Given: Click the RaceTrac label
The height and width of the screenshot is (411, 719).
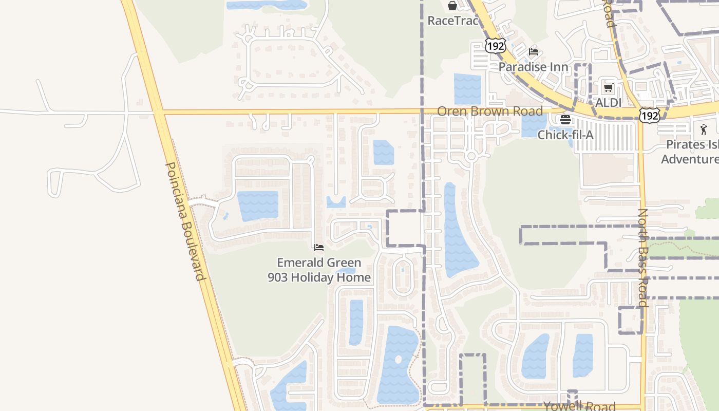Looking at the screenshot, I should pyautogui.click(x=453, y=21).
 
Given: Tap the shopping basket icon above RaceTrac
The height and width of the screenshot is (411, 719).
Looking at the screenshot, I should pyautogui.click(x=452, y=6).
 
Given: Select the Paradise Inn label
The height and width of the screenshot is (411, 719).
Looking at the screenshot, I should pyautogui.click(x=534, y=67).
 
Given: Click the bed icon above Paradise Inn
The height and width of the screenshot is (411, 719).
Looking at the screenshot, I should pyautogui.click(x=534, y=52).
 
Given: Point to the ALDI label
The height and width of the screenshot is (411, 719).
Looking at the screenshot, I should pyautogui.click(x=608, y=102).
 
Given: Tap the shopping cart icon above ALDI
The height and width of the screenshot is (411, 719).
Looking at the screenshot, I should pyautogui.click(x=608, y=87).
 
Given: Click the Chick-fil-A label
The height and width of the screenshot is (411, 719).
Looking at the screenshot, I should pyautogui.click(x=565, y=135).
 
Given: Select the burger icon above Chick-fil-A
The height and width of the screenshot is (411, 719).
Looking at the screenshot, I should pyautogui.click(x=565, y=120).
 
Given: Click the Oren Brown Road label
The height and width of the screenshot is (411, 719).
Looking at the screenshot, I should pyautogui.click(x=489, y=111).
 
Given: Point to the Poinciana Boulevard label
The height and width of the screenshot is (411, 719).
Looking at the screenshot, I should pyautogui.click(x=185, y=221).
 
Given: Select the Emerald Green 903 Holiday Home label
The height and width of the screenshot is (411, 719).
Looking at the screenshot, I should pyautogui.click(x=319, y=270).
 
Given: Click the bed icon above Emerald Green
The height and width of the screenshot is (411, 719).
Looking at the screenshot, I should pyautogui.click(x=319, y=248).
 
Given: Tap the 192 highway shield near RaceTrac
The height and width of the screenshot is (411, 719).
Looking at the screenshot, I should pyautogui.click(x=496, y=46).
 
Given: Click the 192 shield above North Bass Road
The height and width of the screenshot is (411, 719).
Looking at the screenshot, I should pyautogui.click(x=649, y=116).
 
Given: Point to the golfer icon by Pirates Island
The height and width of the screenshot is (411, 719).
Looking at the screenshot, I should pyautogui.click(x=704, y=129).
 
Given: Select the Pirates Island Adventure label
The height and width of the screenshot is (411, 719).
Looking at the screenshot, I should pyautogui.click(x=690, y=152).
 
